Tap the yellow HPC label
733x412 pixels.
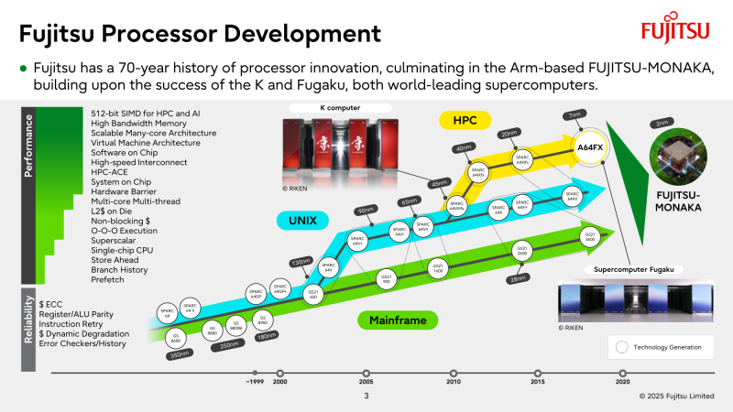pos(465,120)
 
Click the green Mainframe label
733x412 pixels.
pos(399,320)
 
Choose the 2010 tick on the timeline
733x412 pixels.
pos(453,374)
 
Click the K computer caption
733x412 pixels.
pos(340,107)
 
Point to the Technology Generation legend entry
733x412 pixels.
pos(661,347)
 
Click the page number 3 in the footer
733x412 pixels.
pos(366,396)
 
